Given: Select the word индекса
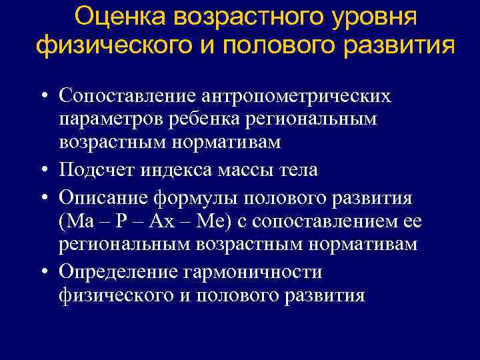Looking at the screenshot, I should tap(178, 171).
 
